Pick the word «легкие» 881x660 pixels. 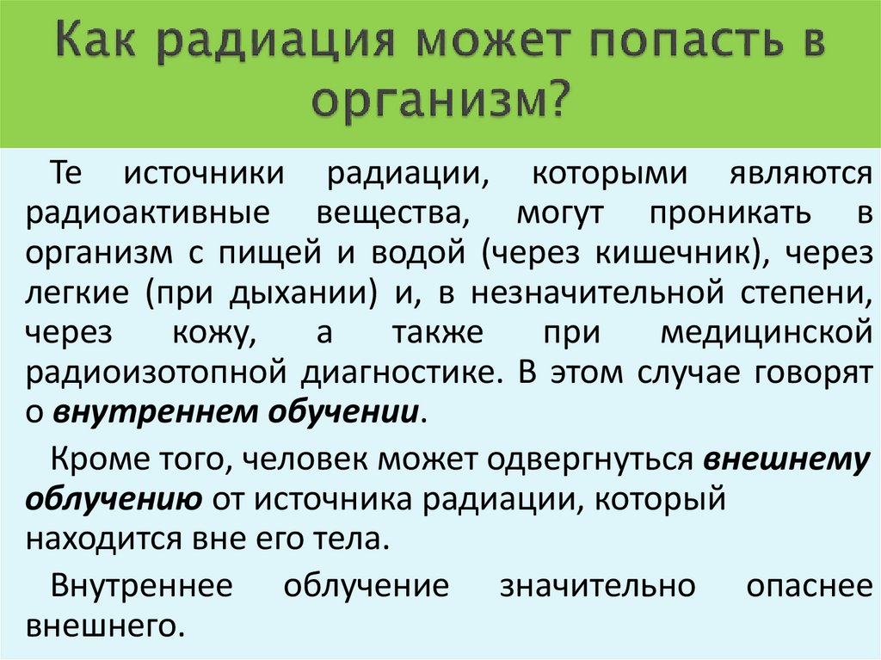coord(77,293)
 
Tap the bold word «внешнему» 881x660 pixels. coord(788,460)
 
